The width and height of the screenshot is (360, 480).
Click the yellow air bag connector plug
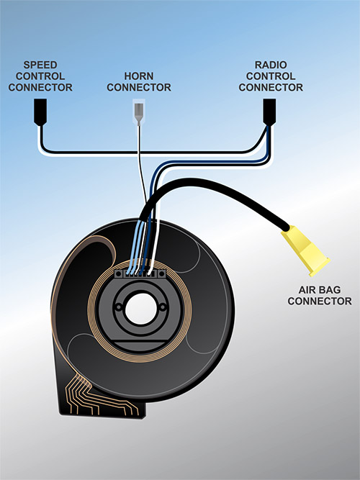tap(305, 250)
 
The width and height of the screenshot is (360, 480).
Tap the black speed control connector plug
tap(40, 112)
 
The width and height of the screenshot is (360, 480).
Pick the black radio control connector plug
tap(269, 112)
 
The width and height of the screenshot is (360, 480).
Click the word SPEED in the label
tap(40, 65)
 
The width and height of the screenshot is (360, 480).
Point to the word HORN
tap(139, 76)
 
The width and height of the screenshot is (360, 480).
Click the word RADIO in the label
tap(271, 65)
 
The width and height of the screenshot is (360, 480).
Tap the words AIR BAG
tap(320, 289)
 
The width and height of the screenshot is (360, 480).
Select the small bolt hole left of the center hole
tap(118, 307)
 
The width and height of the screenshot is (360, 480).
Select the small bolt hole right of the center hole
tap(163, 306)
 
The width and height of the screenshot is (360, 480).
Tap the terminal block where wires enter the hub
tap(140, 273)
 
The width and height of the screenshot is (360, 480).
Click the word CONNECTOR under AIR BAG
tap(320, 301)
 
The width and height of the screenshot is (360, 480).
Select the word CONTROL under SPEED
tap(40, 76)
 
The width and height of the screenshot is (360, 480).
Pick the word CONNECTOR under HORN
tap(139, 87)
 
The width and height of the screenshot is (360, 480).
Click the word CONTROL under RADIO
tap(271, 76)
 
